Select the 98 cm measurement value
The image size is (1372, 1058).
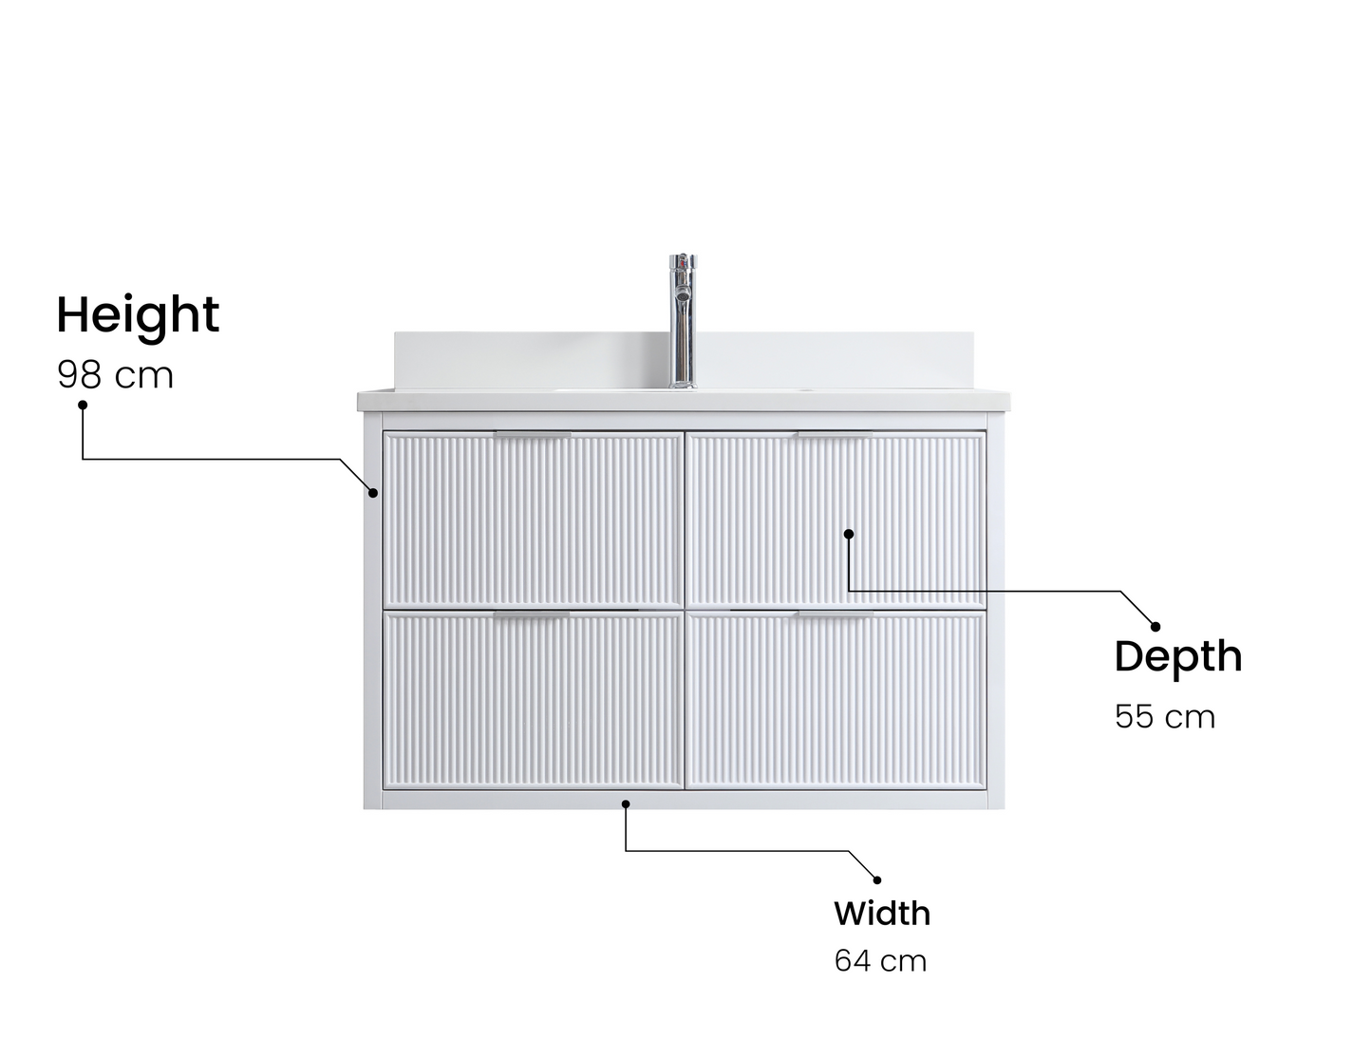(115, 375)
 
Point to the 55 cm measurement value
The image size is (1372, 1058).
(1165, 717)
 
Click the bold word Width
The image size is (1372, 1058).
(882, 914)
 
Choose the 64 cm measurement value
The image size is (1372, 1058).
(880, 961)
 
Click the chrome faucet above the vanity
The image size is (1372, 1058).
(683, 321)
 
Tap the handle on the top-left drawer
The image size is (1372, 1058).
(533, 435)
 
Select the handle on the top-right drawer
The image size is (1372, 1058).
(835, 435)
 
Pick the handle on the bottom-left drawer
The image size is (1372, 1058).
(532, 614)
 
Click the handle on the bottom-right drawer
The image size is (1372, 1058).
(836, 614)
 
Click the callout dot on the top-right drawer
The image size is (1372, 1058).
(849, 534)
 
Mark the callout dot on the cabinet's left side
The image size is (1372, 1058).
(373, 493)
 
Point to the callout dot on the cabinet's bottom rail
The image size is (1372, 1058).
(626, 803)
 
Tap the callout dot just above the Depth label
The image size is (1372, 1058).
(1156, 627)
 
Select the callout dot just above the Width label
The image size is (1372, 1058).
(877, 880)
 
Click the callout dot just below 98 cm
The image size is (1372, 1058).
(83, 405)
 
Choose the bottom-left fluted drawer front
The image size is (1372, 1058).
(535, 700)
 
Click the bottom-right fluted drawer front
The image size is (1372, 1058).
(836, 700)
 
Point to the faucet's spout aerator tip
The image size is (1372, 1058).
(682, 293)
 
